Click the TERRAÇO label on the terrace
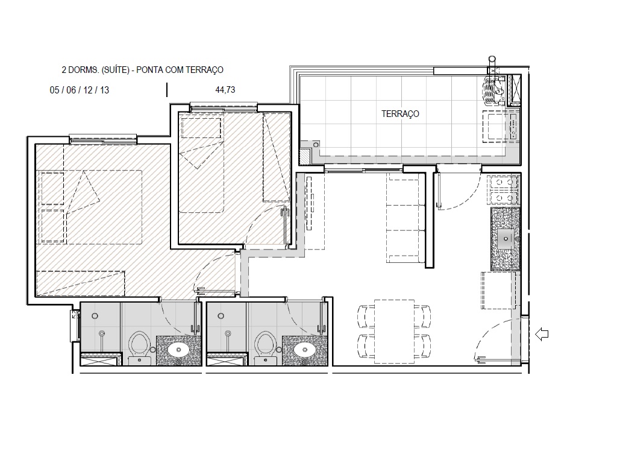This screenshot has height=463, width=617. [399, 114]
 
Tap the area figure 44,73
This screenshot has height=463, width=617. [225, 90]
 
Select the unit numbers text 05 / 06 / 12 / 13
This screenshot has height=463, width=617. [79, 90]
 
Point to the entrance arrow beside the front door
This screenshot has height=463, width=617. [542, 333]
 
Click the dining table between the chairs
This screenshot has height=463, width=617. [393, 332]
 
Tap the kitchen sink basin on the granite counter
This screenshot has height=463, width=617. [505, 239]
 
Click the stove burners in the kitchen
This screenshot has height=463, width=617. [505, 189]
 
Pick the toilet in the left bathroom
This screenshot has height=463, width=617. [139, 345]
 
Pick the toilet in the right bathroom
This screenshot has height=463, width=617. [265, 345]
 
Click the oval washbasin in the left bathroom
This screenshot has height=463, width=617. [177, 350]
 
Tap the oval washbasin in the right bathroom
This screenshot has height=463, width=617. [304, 350]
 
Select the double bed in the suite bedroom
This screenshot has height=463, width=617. [90, 207]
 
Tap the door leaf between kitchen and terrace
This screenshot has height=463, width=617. [439, 190]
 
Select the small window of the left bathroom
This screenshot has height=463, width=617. [76, 326]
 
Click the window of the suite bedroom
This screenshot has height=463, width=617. [103, 140]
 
